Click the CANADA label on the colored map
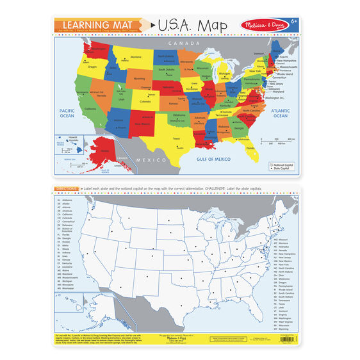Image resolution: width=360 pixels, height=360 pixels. coord(181,43)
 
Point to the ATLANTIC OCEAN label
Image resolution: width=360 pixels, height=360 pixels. coord(280,113)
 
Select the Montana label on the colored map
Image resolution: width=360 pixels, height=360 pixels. coord(136,57)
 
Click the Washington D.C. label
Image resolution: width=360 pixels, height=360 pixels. coord(277,97)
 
